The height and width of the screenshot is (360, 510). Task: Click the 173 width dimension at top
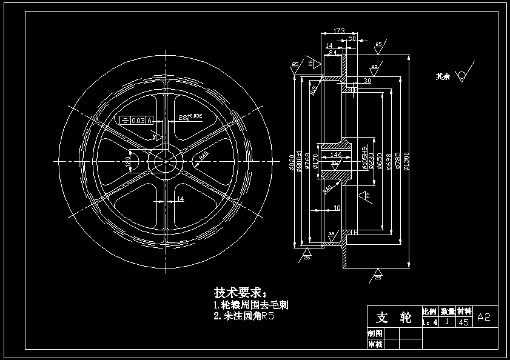click(x=339, y=30)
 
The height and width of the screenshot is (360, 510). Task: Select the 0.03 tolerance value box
click(x=138, y=119)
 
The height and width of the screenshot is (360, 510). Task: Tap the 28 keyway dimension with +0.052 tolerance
click(x=189, y=116)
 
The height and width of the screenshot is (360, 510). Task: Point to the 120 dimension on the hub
click(x=127, y=162)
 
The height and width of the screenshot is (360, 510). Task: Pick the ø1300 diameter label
click(x=406, y=161)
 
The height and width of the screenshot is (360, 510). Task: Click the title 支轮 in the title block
click(x=394, y=317)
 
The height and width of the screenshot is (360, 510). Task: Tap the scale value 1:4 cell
click(x=429, y=322)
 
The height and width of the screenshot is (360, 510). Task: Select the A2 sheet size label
click(x=484, y=317)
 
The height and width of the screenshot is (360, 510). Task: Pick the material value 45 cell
click(x=464, y=322)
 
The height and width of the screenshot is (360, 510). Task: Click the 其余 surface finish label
click(x=443, y=76)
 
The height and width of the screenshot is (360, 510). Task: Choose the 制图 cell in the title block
click(x=375, y=333)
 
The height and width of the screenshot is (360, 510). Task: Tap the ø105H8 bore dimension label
click(x=364, y=157)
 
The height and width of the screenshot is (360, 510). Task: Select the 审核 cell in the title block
click(x=375, y=344)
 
